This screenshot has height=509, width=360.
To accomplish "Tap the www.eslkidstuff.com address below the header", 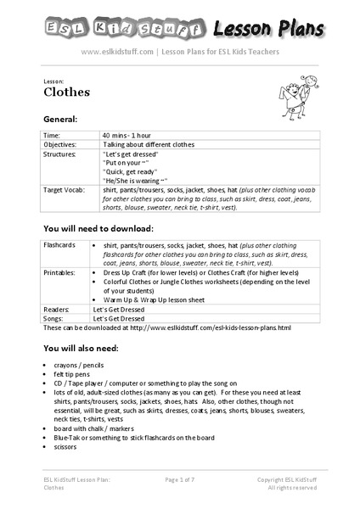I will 117,52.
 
